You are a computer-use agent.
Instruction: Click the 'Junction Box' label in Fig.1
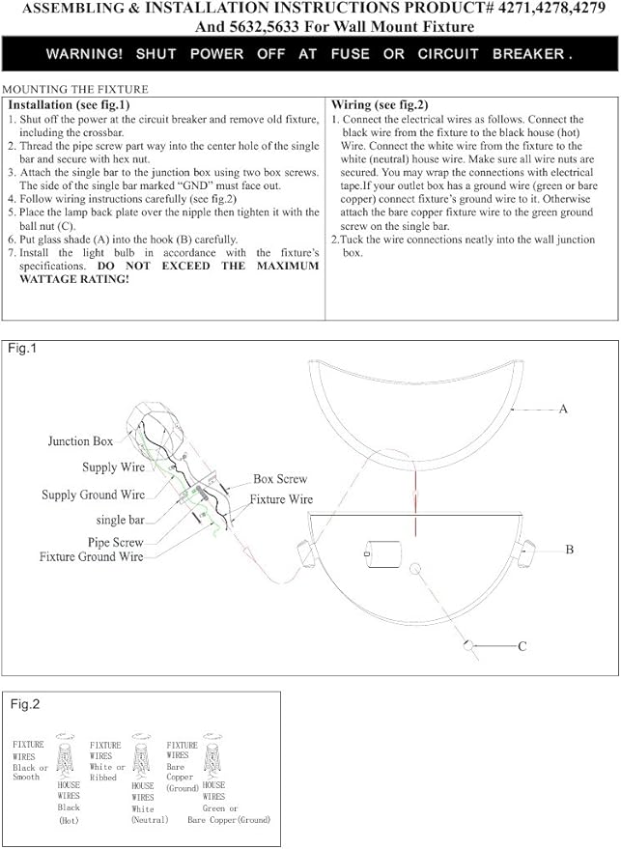[x=80, y=441]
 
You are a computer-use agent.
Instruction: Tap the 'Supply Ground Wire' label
[x=93, y=495]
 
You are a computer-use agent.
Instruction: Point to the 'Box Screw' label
[x=280, y=479]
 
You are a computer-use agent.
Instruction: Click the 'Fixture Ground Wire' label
[x=91, y=557]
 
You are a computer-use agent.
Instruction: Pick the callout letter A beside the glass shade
[x=563, y=410]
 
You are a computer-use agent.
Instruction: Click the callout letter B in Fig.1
[x=570, y=549]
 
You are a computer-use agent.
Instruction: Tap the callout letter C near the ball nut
[x=522, y=646]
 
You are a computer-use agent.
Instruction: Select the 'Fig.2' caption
[x=26, y=705]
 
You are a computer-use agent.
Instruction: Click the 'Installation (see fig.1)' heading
[x=68, y=104]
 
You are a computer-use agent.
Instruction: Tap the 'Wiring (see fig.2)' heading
[x=380, y=104]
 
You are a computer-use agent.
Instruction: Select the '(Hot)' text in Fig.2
[x=68, y=820]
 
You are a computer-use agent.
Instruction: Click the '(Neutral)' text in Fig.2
[x=150, y=819]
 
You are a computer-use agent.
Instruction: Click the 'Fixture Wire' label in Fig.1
[x=281, y=500]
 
